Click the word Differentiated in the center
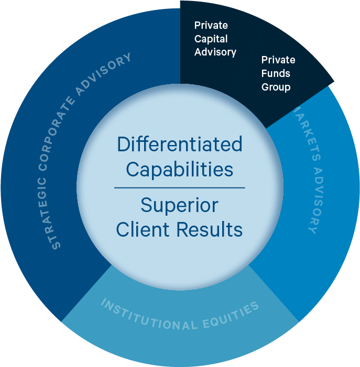(x=180, y=144)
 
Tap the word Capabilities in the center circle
(x=180, y=169)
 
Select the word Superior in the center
(x=179, y=205)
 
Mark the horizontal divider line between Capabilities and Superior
(x=179, y=187)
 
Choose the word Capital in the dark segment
(x=211, y=39)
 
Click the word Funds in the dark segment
(x=276, y=73)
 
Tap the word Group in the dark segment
(x=276, y=87)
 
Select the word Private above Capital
(x=211, y=25)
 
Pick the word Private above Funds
(x=278, y=60)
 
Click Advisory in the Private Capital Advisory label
(x=215, y=52)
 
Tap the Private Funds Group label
(x=278, y=73)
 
